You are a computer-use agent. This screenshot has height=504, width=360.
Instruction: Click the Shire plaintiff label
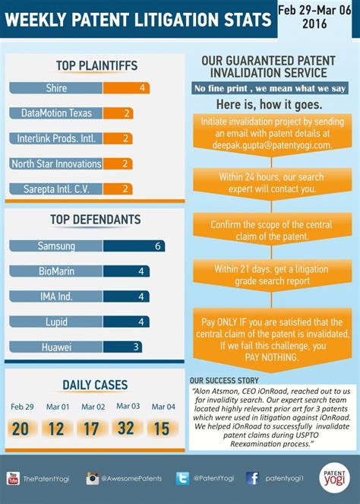56,88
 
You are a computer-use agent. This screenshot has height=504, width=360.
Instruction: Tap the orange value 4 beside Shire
142,88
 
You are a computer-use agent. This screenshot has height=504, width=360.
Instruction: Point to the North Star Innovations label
56,163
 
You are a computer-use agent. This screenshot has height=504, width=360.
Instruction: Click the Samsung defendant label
56,246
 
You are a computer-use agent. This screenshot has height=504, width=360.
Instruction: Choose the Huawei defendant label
56,347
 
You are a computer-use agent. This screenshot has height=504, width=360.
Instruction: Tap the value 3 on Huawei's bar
135,347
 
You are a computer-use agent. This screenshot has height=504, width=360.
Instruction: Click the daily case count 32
126,429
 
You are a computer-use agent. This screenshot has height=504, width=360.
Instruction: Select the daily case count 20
21,430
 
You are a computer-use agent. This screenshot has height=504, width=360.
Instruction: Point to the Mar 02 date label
93,407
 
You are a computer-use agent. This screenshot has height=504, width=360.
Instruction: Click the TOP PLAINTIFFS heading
96,66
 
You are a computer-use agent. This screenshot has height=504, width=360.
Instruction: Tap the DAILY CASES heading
95,385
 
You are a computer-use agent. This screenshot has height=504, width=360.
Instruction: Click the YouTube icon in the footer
13,478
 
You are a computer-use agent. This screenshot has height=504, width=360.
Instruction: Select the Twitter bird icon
182,478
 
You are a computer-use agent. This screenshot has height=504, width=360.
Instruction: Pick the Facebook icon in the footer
252,478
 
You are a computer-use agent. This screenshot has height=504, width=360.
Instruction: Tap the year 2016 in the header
318,24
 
